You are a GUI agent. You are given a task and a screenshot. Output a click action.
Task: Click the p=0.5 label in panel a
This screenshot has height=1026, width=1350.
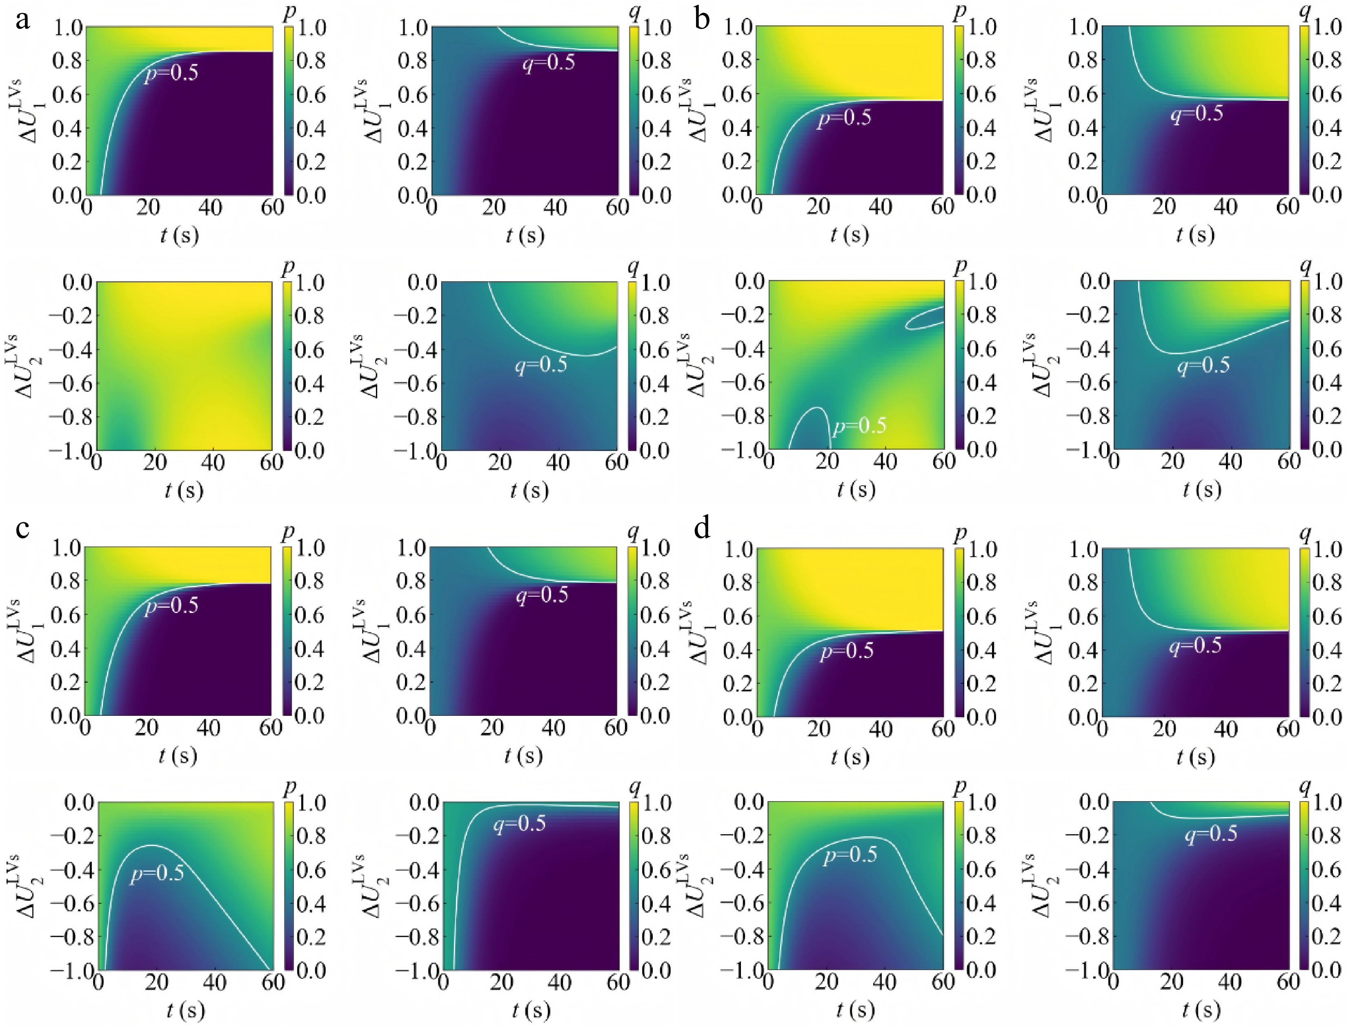tap(171, 74)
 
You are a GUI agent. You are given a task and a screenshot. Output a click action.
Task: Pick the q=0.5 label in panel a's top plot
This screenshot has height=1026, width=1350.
tap(549, 63)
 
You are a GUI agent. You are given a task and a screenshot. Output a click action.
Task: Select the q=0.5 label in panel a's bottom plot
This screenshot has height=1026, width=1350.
tap(540, 365)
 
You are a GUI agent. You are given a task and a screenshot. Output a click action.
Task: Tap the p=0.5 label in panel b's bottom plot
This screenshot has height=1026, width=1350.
tap(859, 426)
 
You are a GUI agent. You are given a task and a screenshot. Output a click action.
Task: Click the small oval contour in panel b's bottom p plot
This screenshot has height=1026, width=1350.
tap(925, 318)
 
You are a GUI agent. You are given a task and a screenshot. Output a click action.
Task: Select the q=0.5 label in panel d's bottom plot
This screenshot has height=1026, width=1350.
tap(1211, 834)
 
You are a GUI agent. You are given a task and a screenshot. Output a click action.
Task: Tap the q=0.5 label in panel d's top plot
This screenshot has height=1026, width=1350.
tap(1195, 646)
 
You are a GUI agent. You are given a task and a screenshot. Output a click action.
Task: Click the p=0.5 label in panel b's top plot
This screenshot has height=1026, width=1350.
tap(844, 118)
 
